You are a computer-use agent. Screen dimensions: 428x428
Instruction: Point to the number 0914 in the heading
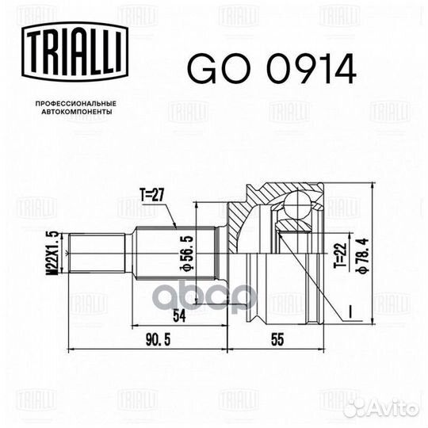pos(304,71)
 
